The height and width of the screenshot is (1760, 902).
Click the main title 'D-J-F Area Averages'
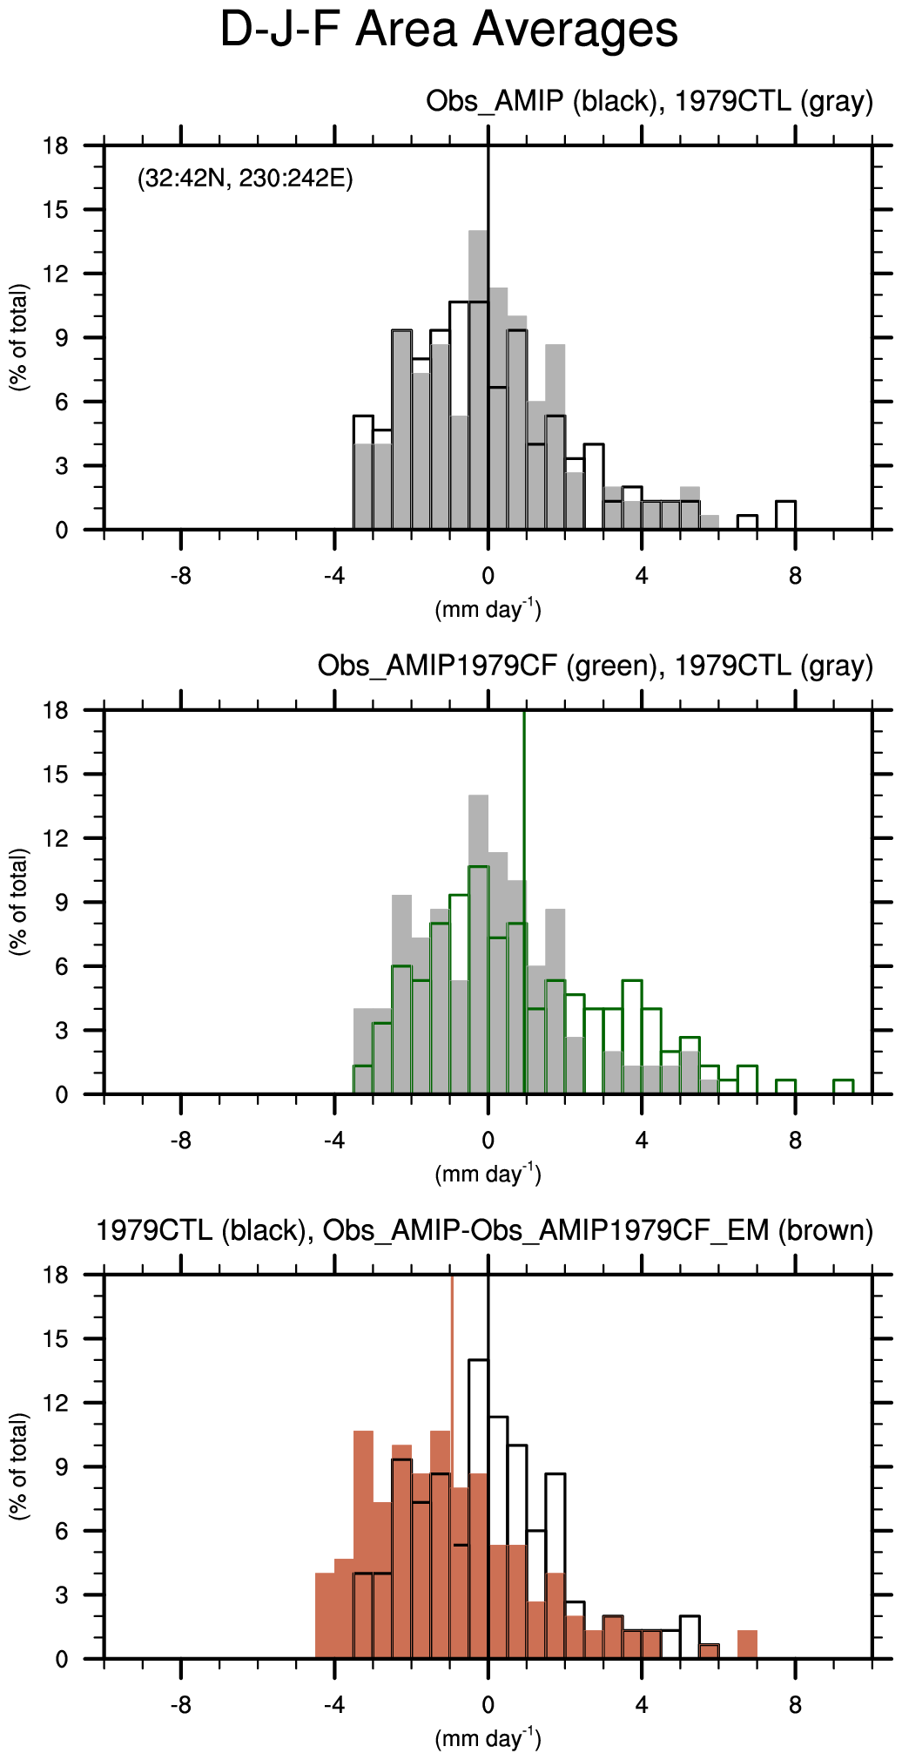(448, 30)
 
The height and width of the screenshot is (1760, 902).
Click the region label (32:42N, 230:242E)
(245, 179)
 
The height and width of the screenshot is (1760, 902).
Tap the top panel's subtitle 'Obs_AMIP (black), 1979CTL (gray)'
(649, 102)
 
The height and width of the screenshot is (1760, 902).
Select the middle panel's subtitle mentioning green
(595, 667)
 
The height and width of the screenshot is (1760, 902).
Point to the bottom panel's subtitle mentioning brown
(484, 1230)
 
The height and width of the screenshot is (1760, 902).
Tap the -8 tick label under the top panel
(180, 577)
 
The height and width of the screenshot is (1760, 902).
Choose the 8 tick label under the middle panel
(795, 1141)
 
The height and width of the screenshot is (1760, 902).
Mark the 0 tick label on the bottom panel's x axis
(488, 1706)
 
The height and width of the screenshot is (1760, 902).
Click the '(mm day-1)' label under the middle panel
(488, 1174)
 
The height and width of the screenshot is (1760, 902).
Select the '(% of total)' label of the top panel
(19, 338)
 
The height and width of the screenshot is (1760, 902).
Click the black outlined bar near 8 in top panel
(785, 515)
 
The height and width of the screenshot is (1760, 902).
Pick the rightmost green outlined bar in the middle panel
(843, 1086)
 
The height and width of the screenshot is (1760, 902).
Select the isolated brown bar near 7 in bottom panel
(747, 1644)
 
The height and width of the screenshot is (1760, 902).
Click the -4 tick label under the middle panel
(334, 1141)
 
